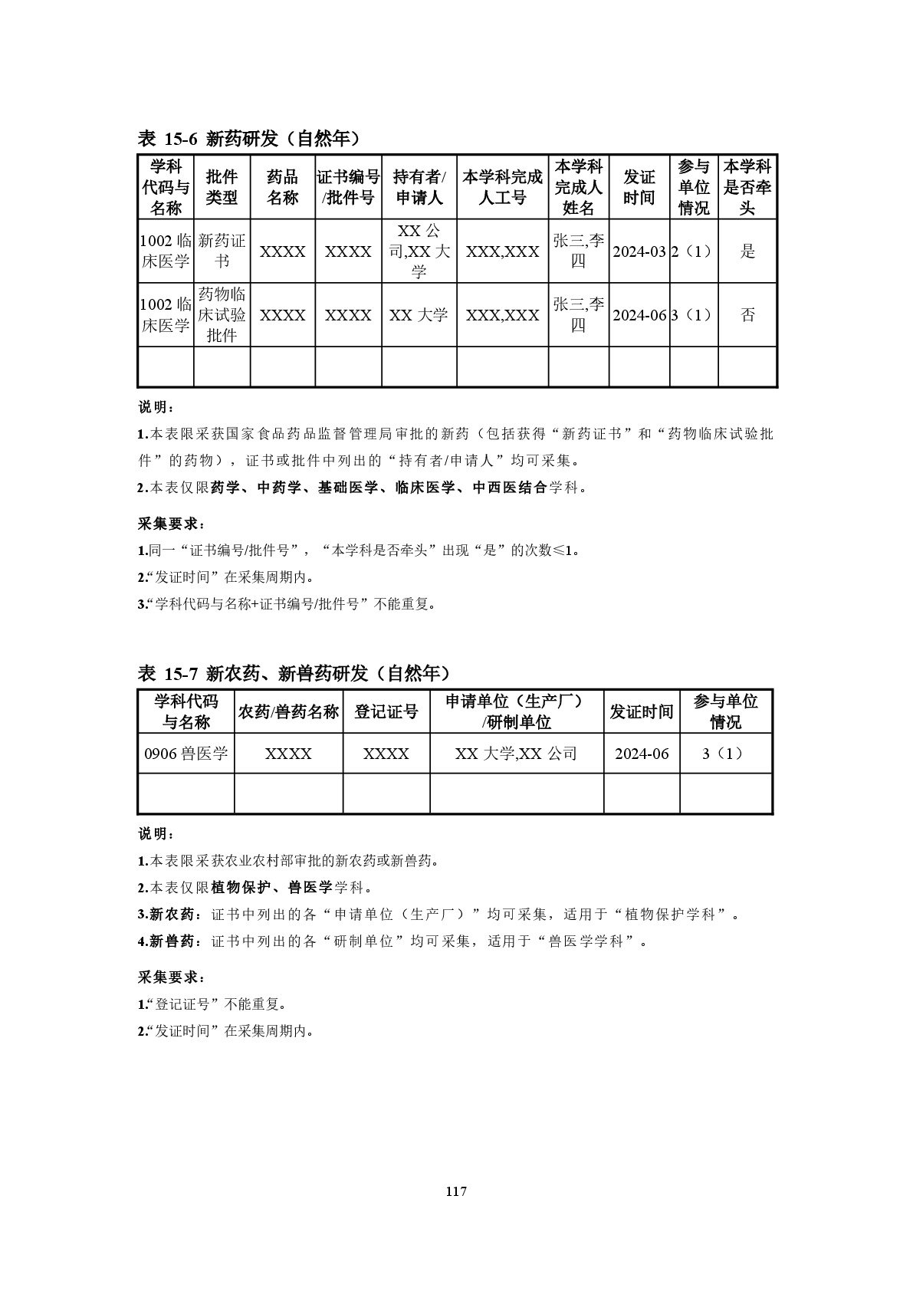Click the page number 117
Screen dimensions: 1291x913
[x=455, y=1191]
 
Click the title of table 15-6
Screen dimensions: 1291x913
[x=248, y=138]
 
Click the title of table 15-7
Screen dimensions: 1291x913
[x=293, y=673]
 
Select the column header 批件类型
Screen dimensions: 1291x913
[x=222, y=187]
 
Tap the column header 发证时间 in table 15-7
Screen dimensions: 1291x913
[x=641, y=711]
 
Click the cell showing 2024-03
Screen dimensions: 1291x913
[x=639, y=251]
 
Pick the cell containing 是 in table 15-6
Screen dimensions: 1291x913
[x=747, y=251]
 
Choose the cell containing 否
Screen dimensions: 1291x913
[x=747, y=315]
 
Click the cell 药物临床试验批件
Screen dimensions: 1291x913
[x=222, y=315]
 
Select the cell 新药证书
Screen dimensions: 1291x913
[x=222, y=251]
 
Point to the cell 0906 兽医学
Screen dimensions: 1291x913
[x=186, y=754]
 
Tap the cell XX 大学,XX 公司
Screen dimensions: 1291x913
[x=516, y=754]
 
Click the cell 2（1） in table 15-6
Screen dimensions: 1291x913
[x=693, y=251]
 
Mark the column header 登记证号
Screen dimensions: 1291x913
[x=386, y=711]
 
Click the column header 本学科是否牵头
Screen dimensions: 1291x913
[x=747, y=187]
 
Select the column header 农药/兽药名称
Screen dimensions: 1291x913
[x=288, y=711]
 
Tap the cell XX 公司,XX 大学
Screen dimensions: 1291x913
[x=419, y=251]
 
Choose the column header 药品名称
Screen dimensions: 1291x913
[x=282, y=187]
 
